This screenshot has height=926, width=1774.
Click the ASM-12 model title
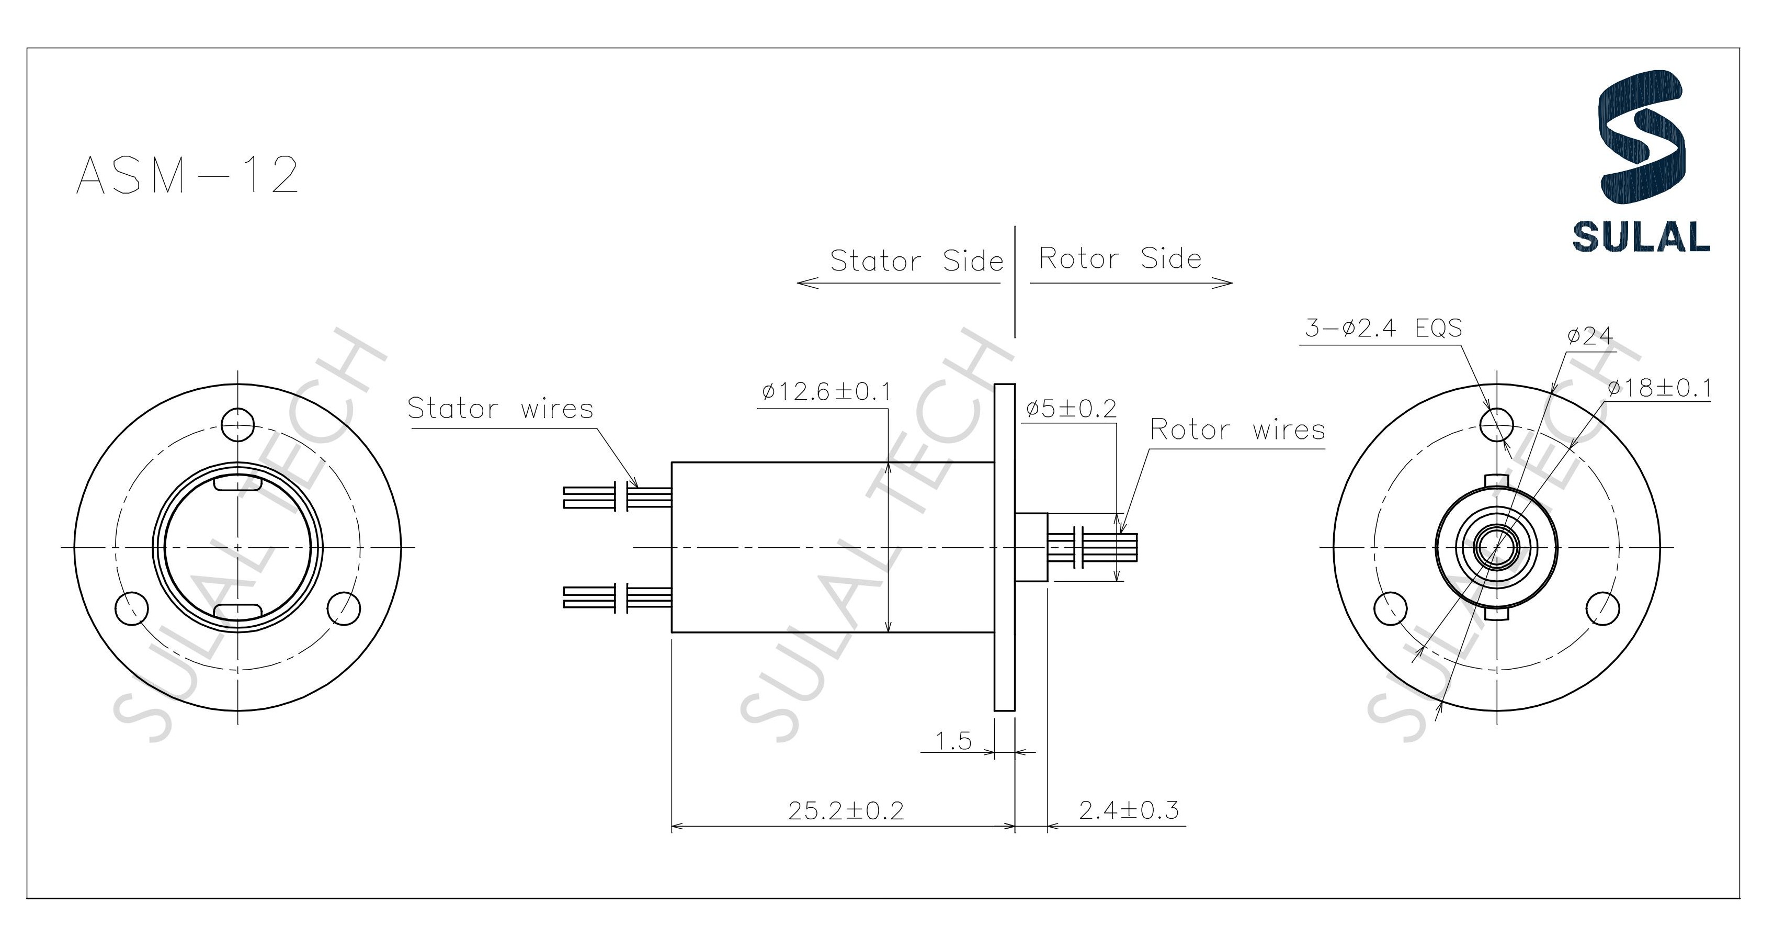pos(187,175)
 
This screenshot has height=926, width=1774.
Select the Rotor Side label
pos(1120,259)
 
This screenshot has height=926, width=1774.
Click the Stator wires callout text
pos(501,409)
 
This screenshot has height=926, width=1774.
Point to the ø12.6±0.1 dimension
pos(826,392)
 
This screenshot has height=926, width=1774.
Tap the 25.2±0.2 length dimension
pos(846,811)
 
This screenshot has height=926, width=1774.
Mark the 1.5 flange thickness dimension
pos(954,741)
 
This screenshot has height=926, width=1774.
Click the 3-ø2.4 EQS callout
pos(1383,328)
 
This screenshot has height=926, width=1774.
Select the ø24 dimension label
pos(1590,336)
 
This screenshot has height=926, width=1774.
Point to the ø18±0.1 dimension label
pos(1659,389)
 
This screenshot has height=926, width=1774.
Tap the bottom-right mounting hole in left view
pos(344,608)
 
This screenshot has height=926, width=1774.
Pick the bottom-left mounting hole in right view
pos(1391,608)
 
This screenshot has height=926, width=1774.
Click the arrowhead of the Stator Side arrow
pos(800,283)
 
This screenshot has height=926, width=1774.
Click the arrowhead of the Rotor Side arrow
pos(1229,283)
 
